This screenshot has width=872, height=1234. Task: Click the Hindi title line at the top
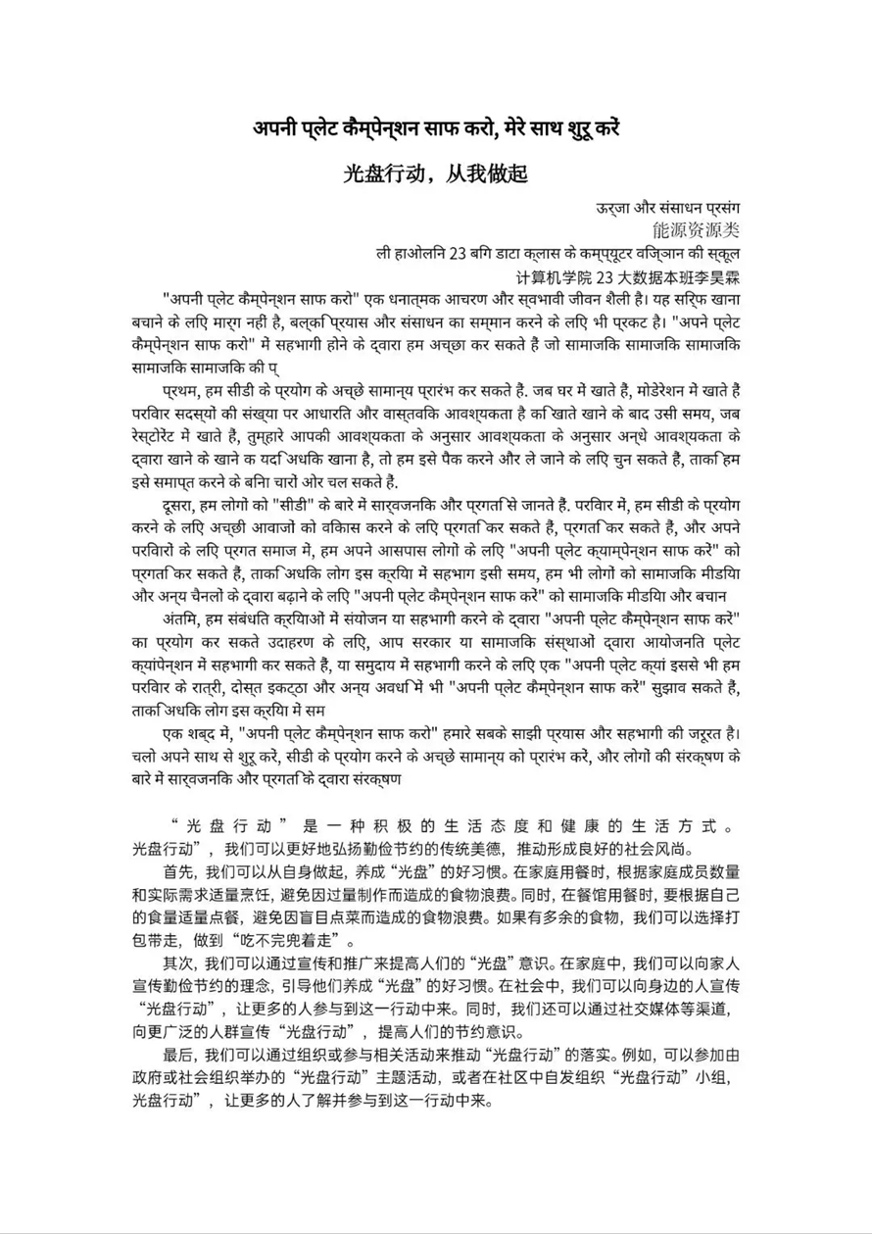[x=436, y=129]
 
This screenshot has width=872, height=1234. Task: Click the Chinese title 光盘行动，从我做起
[x=436, y=173]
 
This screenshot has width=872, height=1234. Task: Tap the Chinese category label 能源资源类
[x=697, y=230]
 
